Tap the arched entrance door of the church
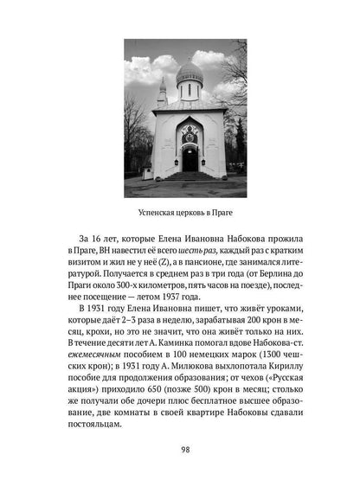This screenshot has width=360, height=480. (x=190, y=157)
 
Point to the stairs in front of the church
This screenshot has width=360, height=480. (x=190, y=176)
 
